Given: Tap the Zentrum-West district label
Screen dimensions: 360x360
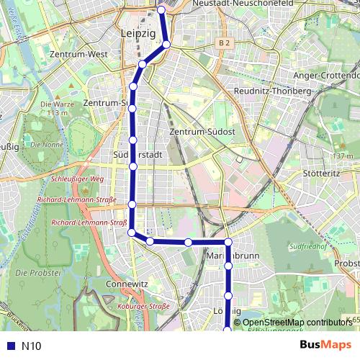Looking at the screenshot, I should pyautogui.click(x=80, y=54).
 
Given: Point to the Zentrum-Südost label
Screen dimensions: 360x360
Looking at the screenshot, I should pyautogui.click(x=202, y=132).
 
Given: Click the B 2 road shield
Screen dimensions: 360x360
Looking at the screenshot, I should pyautogui.click(x=225, y=43).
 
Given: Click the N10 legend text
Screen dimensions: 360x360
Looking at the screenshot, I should pyautogui.click(x=32, y=346).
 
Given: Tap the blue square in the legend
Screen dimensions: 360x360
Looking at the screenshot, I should pyautogui.click(x=9, y=346).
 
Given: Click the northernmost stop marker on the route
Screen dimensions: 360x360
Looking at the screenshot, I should pyautogui.click(x=162, y=10).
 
